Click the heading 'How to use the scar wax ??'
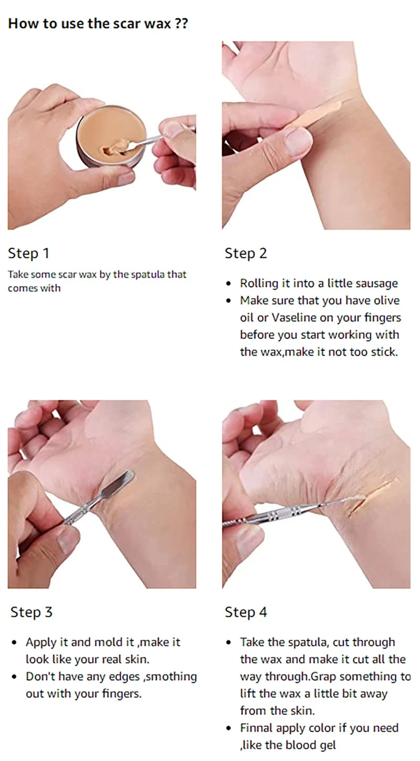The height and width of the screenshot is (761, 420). coord(98,24)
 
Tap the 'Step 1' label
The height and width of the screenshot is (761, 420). coord(28,254)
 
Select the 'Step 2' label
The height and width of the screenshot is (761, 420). coord(246,254)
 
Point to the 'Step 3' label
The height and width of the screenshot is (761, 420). coord(31,612)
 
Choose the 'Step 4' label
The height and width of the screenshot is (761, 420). coord(246,612)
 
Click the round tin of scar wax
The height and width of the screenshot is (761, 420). coord(111,137)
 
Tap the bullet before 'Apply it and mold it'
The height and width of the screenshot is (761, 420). coord(14,643)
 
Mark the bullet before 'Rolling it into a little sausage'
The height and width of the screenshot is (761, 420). coord(228,284)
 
